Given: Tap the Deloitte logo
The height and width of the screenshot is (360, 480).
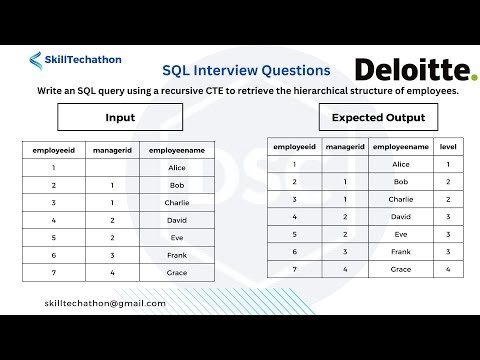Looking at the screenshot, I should [x=415, y=69].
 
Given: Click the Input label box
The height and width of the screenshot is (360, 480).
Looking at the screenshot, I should [x=120, y=118].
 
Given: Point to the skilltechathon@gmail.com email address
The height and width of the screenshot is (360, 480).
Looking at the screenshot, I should [x=106, y=302].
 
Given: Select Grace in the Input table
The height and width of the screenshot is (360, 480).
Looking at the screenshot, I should [x=178, y=272].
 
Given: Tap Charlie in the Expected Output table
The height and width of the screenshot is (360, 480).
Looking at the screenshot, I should [x=401, y=199].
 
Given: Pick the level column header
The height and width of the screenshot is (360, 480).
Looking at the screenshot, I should [x=447, y=146].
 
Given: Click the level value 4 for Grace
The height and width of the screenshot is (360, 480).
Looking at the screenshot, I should [x=447, y=269].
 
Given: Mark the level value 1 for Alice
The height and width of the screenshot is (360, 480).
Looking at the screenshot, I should [x=447, y=164].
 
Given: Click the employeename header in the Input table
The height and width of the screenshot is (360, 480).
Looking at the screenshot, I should [x=178, y=150].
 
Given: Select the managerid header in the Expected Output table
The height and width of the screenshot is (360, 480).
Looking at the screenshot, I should [x=345, y=146].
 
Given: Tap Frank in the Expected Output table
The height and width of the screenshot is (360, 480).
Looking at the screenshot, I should [x=401, y=251].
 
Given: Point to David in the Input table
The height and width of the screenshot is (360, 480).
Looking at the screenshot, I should [x=178, y=220].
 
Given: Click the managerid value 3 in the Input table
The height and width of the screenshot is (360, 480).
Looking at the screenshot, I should [x=113, y=255].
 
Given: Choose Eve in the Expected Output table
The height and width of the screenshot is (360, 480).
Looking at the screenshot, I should [x=401, y=234].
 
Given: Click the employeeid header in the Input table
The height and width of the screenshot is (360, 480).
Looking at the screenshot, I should [x=53, y=150].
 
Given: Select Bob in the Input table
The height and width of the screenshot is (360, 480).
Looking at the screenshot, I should [x=178, y=186].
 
